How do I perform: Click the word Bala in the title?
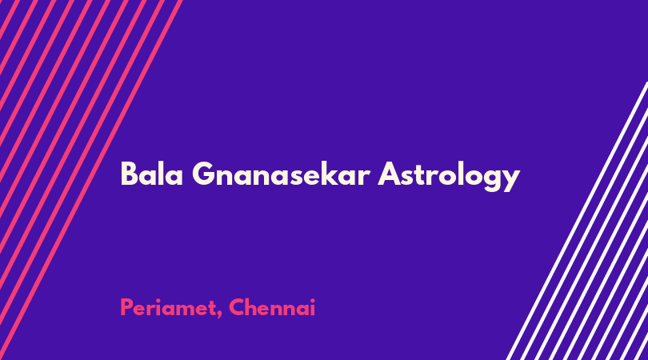[152, 174]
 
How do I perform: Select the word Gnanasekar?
[281, 174]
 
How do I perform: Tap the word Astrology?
[449, 177]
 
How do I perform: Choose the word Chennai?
[272, 307]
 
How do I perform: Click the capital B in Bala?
[129, 174]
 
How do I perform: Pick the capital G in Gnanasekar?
[204, 174]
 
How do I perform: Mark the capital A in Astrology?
[390, 174]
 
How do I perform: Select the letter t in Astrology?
[422, 175]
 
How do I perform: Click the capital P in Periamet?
[126, 307]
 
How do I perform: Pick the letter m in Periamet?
[183, 310]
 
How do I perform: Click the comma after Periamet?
[218, 315]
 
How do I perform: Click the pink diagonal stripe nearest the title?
[91, 180]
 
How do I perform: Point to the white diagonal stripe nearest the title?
[577, 221]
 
